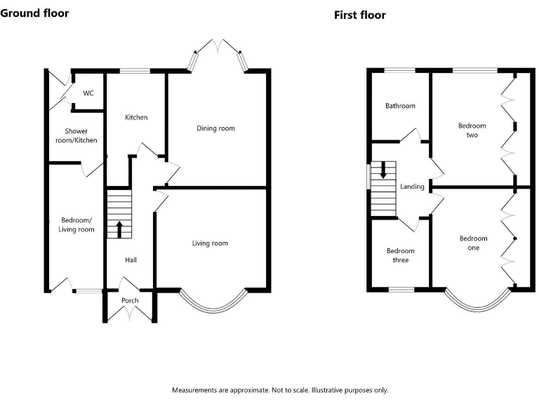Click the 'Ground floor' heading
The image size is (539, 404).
(34, 13)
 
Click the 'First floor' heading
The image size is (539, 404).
(359, 15)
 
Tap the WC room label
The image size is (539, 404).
(88, 93)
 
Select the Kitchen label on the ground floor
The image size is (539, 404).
(136, 117)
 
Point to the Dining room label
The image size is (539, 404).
(215, 128)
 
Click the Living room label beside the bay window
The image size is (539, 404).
(210, 243)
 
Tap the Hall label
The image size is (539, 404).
(131, 260)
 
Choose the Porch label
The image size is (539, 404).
(130, 301)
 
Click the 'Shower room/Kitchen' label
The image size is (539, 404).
(81, 136)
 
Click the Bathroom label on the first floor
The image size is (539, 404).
(400, 106)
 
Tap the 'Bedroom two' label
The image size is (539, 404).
(472, 130)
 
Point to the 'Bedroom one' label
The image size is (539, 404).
(473, 243)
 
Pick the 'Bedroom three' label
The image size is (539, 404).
(400, 255)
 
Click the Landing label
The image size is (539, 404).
(412, 187)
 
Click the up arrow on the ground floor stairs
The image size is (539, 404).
(119, 229)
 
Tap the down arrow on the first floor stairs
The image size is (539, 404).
(383, 170)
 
